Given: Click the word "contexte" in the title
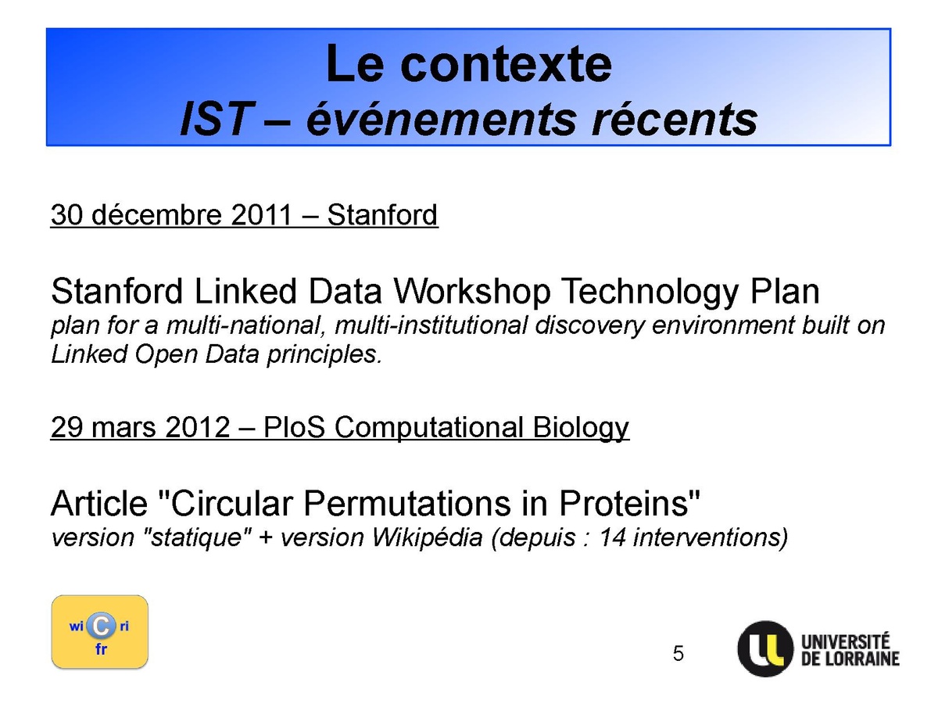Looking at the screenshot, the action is [506, 65].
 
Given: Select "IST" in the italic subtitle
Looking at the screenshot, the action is [215, 119].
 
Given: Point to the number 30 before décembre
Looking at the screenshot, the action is [66, 214].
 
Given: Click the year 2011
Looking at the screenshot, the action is [261, 214].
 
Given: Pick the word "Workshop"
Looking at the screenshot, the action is [472, 291].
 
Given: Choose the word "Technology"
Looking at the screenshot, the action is [650, 292].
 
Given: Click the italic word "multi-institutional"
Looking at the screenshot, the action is [431, 325].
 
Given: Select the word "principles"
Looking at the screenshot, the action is [324, 355].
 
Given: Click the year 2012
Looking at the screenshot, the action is [198, 426].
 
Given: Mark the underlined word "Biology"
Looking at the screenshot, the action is [581, 427].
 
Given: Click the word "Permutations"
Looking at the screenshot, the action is [406, 503].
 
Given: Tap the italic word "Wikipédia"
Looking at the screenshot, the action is [428, 537].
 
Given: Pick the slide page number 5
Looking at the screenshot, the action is [678, 653].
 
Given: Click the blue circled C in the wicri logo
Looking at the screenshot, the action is [102, 626].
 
